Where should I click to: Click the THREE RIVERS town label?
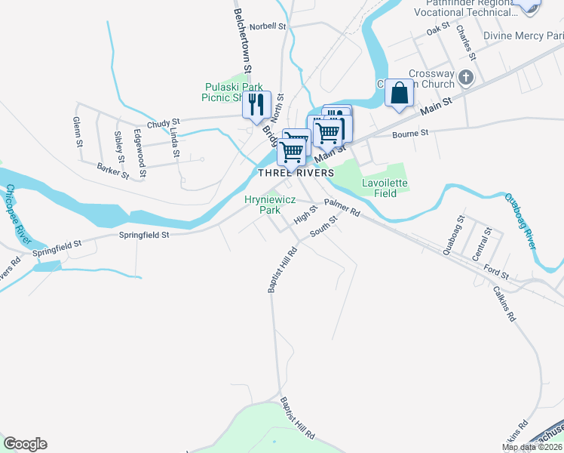[x=296, y=173]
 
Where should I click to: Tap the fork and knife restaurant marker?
[x=256, y=104]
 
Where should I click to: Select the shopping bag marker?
[x=399, y=94]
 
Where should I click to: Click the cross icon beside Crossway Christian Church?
[x=466, y=77]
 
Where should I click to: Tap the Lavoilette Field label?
[x=384, y=188]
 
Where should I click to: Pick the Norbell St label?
[x=269, y=26]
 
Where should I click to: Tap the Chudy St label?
[x=164, y=122]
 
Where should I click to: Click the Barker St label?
[x=114, y=172]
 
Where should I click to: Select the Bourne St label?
[x=410, y=134]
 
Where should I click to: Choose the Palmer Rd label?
[x=342, y=208]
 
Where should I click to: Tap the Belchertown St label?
[x=241, y=37]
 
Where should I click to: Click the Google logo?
[x=25, y=444]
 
